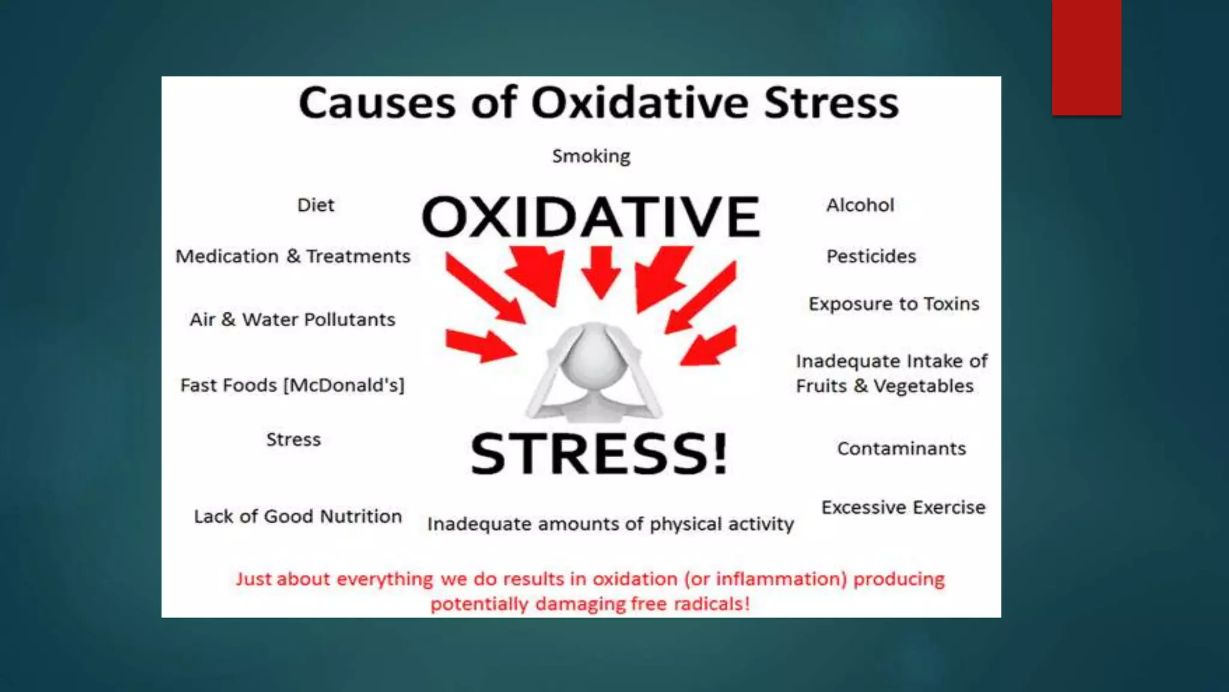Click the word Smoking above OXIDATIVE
point(591,156)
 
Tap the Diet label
point(316,205)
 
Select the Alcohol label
point(860,205)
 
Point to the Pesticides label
point(871,256)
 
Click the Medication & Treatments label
point(293,256)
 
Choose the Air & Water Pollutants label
point(292,320)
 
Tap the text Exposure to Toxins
point(894,304)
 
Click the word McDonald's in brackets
point(344,385)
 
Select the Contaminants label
point(901,449)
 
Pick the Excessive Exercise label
point(903,508)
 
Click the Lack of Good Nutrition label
point(298,517)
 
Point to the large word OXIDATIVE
point(591,217)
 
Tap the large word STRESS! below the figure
point(599,454)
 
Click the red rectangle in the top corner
point(1086,57)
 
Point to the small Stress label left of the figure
point(293,440)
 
